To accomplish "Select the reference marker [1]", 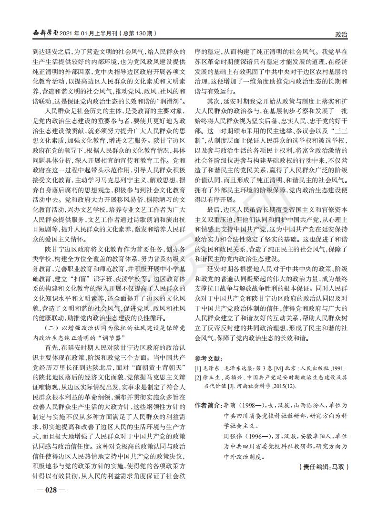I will tap(198, 368).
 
